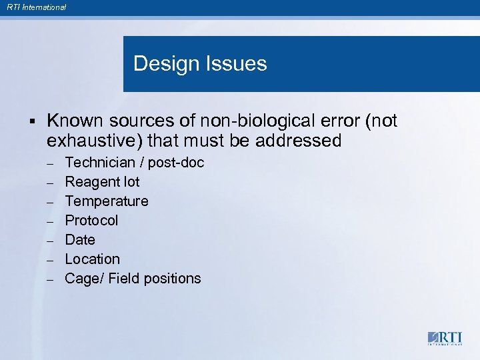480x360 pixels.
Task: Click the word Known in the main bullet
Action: [74, 121]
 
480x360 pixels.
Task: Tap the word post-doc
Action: [176, 163]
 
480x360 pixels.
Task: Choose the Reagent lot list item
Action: [102, 182]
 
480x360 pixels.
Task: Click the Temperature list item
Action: [107, 201]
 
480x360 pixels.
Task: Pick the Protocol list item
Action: [91, 221]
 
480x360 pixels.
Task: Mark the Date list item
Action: [80, 240]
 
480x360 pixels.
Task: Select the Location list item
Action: [93, 259]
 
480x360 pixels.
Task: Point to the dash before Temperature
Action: [50, 202]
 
